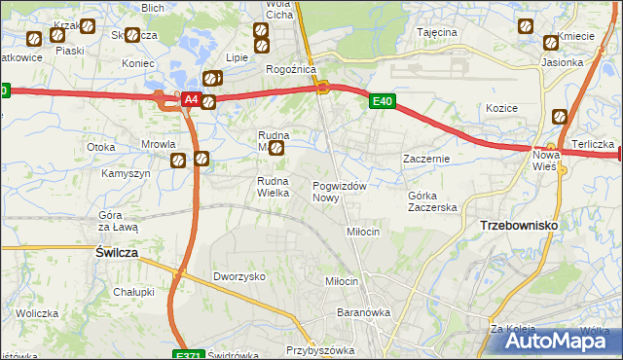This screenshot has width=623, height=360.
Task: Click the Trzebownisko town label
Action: pos(519,225)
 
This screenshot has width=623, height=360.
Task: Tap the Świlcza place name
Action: pos(116,251)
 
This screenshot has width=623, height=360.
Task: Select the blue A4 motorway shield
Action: pos(191,100)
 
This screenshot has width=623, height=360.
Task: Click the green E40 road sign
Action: pos(382,100)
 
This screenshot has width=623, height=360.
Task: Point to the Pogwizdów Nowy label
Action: pos(339,192)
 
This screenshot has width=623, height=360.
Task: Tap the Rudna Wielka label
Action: pos(274,187)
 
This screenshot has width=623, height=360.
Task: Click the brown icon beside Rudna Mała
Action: pos(276,149)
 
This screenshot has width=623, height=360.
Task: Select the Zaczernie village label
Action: pos(425,159)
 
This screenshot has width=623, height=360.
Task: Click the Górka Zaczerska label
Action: pos(431,201)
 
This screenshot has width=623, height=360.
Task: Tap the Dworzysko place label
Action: pos(239,276)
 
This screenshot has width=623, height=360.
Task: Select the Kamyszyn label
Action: pos(126,173)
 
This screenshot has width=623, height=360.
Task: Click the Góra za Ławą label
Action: pos(118,220)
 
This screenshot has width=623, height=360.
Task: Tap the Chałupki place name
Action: pos(133,292)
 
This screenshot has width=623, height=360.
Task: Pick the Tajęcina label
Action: pos(437,32)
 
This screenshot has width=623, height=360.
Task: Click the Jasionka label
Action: pos(563,62)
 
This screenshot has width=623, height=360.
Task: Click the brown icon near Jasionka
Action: pos(550,42)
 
